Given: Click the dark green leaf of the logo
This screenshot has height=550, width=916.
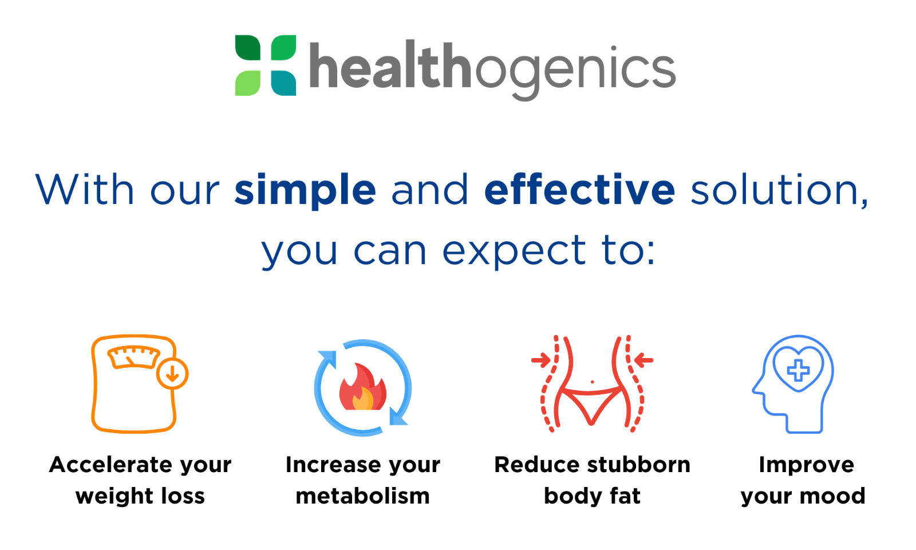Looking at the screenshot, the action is [248, 48].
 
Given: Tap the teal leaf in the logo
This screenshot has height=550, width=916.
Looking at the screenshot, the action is [283, 83].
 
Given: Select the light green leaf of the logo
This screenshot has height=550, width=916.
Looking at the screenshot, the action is [248, 83].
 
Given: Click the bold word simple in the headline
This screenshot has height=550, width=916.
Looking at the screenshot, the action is [305, 190].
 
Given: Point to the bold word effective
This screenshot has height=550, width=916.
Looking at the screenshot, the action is [579, 189].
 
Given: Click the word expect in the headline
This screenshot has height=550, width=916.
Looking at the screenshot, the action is [515, 251].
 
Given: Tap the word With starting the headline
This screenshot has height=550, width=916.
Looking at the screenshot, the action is [85, 189].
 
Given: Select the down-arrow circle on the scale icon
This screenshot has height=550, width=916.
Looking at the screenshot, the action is [172, 373].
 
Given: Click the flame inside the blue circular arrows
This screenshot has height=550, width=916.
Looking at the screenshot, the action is [363, 387].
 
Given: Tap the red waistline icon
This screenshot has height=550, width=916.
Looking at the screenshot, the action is [592, 384].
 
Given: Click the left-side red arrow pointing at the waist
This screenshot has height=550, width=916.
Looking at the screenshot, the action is [541, 360].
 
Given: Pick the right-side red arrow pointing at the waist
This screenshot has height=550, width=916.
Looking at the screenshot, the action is [643, 360].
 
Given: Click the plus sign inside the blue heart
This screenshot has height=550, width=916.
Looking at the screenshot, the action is [798, 371].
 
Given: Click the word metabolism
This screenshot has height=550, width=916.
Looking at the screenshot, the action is [363, 496].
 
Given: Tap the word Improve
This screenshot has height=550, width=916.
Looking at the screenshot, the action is [807, 465].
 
